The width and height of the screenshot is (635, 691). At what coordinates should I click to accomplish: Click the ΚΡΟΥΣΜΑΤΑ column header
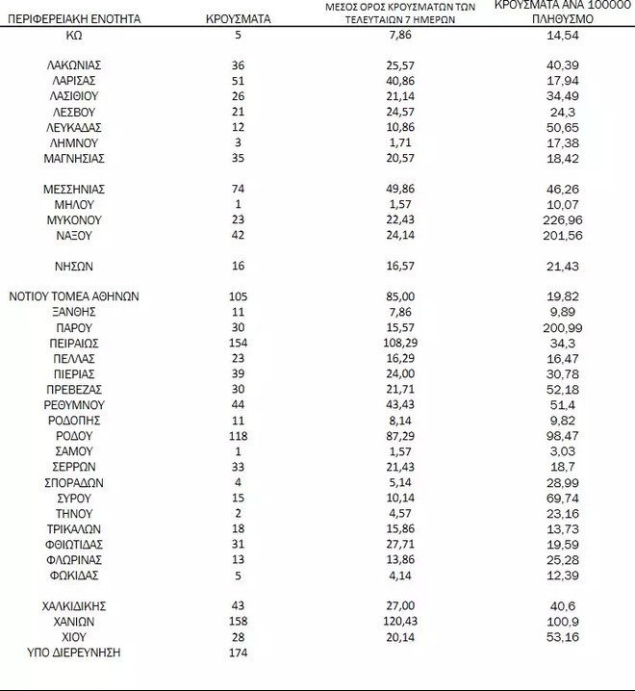coord(239,18)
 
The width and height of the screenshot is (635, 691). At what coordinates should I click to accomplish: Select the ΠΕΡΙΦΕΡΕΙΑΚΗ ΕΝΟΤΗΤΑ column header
coord(74,18)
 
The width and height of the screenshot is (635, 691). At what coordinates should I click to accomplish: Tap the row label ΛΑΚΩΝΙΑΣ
coord(74,65)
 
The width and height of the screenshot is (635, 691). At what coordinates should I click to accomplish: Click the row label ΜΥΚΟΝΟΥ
coord(74,220)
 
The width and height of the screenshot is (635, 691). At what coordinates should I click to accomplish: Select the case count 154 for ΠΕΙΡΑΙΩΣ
coord(239,343)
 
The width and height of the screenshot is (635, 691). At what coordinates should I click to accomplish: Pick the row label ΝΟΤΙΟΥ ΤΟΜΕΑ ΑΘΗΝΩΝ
coord(74,296)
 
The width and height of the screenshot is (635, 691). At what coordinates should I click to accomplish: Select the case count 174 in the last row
coord(239,653)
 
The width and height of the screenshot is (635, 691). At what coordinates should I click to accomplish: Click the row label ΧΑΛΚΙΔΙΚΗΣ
coord(74,606)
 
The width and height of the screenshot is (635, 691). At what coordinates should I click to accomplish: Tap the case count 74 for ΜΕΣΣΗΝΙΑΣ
coord(239,190)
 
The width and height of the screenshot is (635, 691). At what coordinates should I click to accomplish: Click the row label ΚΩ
coord(74,34)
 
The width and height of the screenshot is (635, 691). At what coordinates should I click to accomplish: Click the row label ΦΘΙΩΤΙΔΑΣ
coord(74,545)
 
